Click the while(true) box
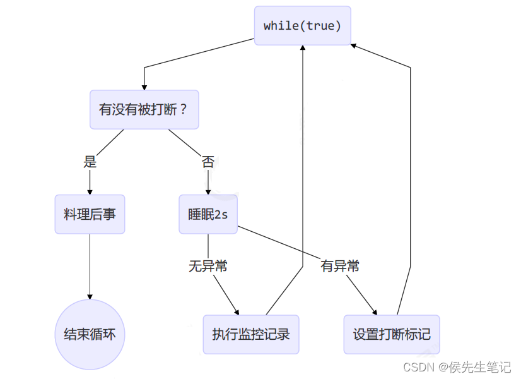pyautogui.click(x=302, y=26)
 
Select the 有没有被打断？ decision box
pyautogui.click(x=144, y=109)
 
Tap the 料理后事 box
pyautogui.click(x=90, y=214)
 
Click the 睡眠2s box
pyautogui.click(x=208, y=214)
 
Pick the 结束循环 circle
pyautogui.click(x=90, y=334)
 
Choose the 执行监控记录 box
pyautogui.click(x=250, y=334)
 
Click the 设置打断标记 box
pyautogui.click(x=391, y=334)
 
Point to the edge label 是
pyautogui.click(x=90, y=162)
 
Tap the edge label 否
pyautogui.click(x=208, y=162)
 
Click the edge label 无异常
pyautogui.click(x=208, y=266)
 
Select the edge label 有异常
pyautogui.click(x=339, y=266)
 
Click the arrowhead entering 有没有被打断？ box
pyautogui.click(x=144, y=87)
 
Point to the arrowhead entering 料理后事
pyautogui.click(x=90, y=192)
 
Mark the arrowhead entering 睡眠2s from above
pyautogui.click(x=208, y=192)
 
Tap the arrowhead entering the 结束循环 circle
pyautogui.click(x=90, y=296)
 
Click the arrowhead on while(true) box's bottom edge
pyautogui.click(x=303, y=49)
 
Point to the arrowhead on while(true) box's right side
pyautogui.click(x=354, y=45)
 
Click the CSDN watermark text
pyautogui.click(x=457, y=367)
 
